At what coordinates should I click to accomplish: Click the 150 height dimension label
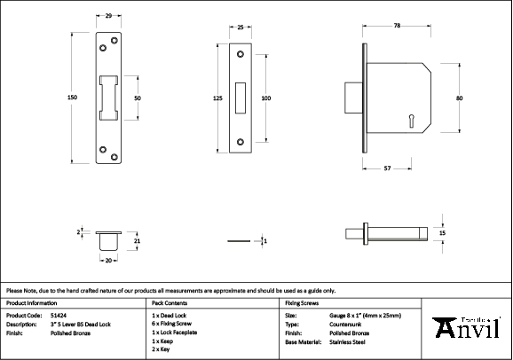72,98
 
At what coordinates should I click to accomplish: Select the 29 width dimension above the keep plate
108,15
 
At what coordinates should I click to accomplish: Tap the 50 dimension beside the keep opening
138,98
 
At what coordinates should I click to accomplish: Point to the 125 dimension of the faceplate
217,98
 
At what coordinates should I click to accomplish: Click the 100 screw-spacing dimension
266,98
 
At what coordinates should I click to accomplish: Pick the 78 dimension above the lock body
397,25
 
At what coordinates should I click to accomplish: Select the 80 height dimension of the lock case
459,98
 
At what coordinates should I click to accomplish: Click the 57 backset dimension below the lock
387,168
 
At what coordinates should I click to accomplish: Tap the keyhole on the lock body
411,121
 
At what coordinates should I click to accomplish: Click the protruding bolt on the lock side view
353,98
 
